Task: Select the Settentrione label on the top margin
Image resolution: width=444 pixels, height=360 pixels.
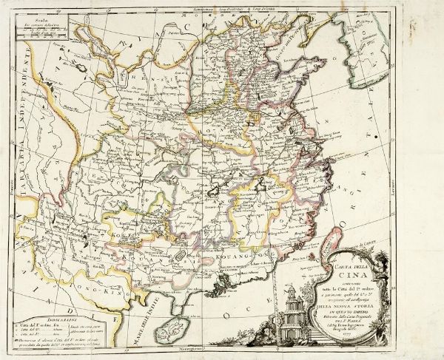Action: click(x=202, y=8)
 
